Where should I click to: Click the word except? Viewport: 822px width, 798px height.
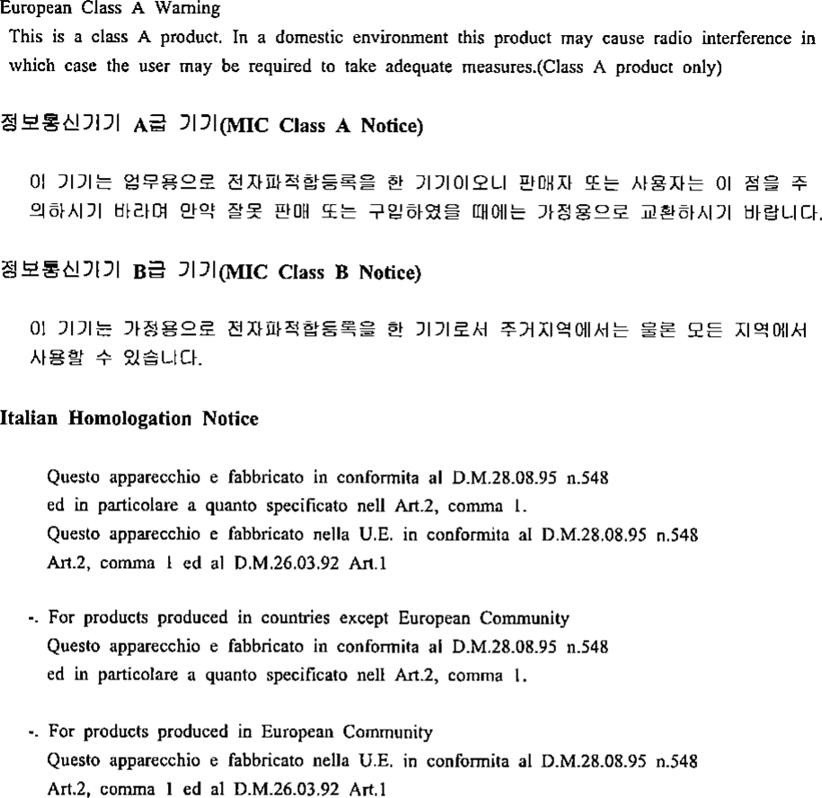click(367, 618)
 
